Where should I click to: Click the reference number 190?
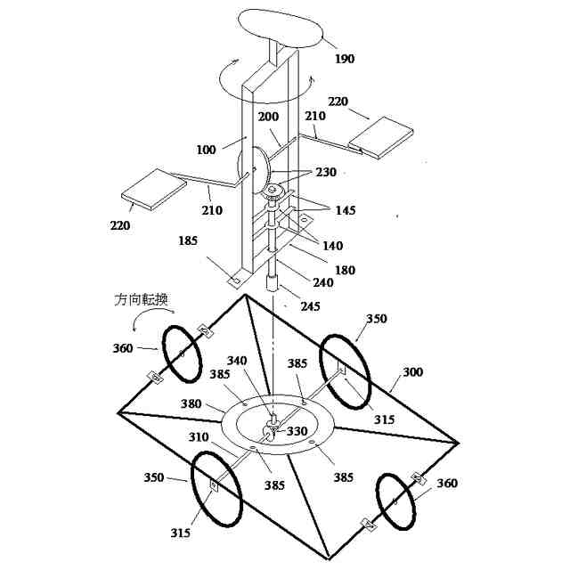(345, 60)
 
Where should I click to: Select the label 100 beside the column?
(206, 150)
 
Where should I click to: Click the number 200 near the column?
(268, 117)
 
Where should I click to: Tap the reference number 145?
(345, 210)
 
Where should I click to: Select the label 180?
(345, 271)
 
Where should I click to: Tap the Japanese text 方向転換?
(142, 299)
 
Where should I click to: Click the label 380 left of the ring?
(191, 403)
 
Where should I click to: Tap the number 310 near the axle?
(199, 437)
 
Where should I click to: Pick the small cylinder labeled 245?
(274, 285)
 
